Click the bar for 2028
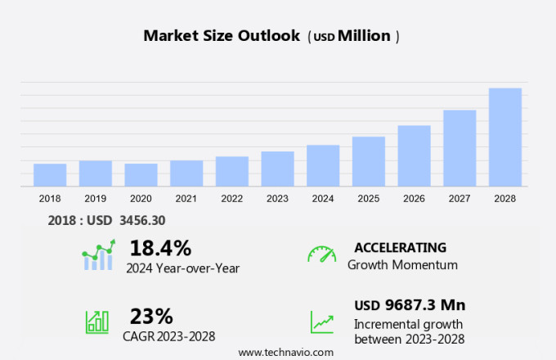[505, 137]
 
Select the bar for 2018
[50, 175]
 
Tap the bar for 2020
[141, 175]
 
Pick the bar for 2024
[323, 166]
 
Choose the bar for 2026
[415, 155]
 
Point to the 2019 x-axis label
[95, 198]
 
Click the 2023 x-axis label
[277, 198]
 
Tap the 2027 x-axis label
[460, 198]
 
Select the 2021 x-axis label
[186, 198]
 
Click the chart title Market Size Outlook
[222, 36]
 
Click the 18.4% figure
[160, 248]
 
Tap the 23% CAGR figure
[151, 316]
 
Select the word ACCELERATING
[400, 248]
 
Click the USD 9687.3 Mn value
[410, 305]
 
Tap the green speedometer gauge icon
[321, 254]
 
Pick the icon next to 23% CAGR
[97, 321]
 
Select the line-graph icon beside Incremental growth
[321, 321]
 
